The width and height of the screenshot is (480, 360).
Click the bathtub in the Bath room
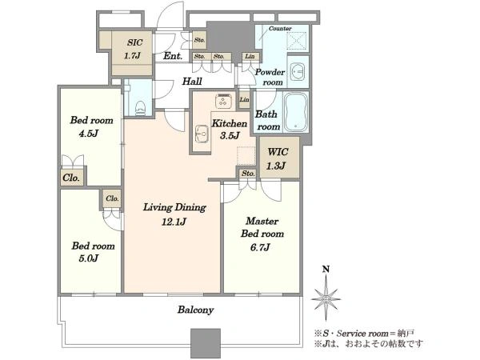click(x=296, y=111)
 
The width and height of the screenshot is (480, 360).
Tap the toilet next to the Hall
click(x=140, y=108)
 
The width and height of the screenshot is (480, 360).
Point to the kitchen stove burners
click(x=223, y=101)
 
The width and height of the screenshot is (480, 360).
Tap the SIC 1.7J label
click(x=134, y=49)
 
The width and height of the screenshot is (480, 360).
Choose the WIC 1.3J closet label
click(x=278, y=158)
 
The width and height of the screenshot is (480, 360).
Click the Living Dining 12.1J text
click(x=174, y=214)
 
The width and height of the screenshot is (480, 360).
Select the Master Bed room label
click(x=262, y=234)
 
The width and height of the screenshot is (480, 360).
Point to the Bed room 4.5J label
click(x=91, y=126)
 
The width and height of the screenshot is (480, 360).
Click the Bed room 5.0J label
click(x=93, y=252)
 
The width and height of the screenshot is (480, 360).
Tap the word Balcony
click(x=196, y=310)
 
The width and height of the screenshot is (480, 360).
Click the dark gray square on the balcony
click(x=206, y=343)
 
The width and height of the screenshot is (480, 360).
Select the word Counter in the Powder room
click(x=280, y=29)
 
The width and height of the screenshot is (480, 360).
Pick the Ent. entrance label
click(x=173, y=56)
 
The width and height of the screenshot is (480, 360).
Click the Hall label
click(x=192, y=81)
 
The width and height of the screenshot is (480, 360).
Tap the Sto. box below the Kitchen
click(x=248, y=174)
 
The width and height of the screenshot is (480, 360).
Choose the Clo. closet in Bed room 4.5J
click(x=72, y=178)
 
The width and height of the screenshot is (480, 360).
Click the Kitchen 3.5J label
click(x=230, y=129)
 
